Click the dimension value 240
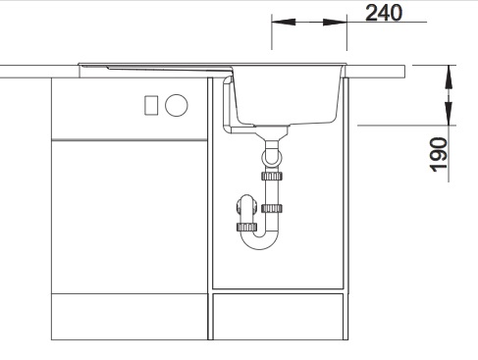384,13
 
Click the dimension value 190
438,154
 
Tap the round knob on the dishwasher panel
177,105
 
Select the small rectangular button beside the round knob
151,105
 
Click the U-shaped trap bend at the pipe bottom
259,241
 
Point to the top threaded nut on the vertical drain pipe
272,176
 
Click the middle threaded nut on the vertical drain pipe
272,208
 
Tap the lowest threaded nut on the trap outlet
246,227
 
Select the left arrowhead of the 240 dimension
284,22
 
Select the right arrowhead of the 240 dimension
335,22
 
